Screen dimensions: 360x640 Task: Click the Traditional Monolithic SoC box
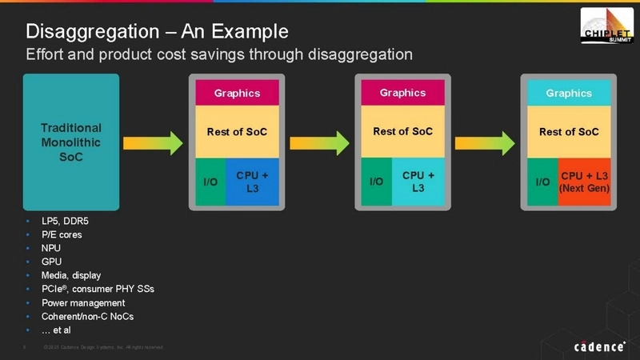[x=71, y=142]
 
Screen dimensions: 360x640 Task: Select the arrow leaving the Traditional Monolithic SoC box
[x=153, y=143]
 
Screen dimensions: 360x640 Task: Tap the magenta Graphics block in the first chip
[x=237, y=93]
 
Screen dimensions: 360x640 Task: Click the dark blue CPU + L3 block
[x=252, y=181]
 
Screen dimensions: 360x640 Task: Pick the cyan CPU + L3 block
[x=418, y=181]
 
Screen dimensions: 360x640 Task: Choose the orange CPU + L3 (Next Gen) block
[x=584, y=181]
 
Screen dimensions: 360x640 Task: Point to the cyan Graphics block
[x=569, y=93]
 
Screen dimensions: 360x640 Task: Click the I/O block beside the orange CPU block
[x=542, y=182]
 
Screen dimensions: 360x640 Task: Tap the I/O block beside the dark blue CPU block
[x=210, y=182]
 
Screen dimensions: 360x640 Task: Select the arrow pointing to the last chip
[x=485, y=143]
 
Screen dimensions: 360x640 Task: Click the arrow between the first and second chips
[x=319, y=143]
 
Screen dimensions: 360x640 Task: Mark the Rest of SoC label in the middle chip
[x=403, y=131]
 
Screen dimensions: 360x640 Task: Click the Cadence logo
[x=599, y=346]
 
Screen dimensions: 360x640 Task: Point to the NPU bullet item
[x=51, y=248]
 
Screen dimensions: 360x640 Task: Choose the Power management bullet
[x=83, y=303]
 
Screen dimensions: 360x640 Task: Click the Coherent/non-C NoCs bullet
[x=88, y=317]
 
